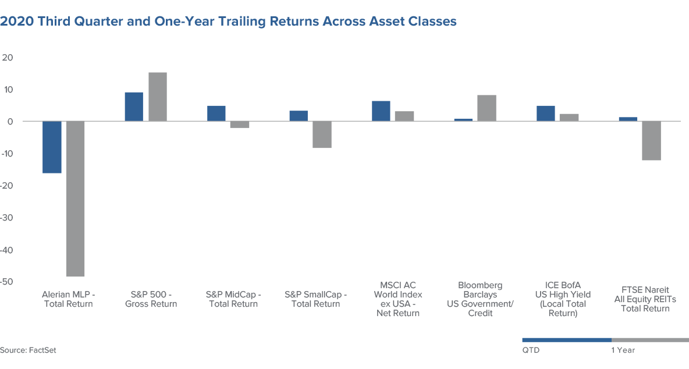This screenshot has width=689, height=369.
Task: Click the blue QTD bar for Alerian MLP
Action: (x=52, y=147)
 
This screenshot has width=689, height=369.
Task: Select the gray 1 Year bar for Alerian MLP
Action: (x=75, y=198)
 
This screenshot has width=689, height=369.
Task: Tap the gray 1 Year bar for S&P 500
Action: (x=158, y=97)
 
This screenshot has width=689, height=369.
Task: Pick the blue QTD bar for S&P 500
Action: (x=134, y=107)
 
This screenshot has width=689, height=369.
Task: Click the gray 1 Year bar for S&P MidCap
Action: (x=240, y=125)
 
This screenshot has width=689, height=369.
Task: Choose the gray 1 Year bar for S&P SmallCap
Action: (x=322, y=134)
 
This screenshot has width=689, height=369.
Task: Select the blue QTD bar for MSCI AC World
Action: (x=381, y=111)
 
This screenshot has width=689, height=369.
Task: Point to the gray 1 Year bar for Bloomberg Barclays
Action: (x=487, y=108)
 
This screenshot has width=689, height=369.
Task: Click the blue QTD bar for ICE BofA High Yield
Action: (x=546, y=113)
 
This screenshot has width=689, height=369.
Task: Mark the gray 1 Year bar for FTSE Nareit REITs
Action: (x=652, y=141)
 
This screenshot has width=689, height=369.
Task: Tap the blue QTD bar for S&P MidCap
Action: (x=216, y=113)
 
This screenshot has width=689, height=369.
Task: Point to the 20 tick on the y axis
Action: (x=8, y=58)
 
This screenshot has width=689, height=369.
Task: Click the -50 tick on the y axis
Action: (x=6, y=282)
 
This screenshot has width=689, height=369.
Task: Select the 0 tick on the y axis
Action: (x=10, y=122)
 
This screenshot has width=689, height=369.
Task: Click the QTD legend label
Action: (x=531, y=350)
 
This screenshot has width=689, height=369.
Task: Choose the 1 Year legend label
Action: (x=623, y=350)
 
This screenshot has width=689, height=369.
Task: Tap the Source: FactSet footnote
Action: (x=28, y=350)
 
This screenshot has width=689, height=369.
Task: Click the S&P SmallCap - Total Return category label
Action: (x=315, y=299)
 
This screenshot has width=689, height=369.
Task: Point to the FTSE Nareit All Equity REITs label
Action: (x=645, y=299)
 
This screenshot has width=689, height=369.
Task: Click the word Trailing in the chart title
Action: (x=242, y=21)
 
